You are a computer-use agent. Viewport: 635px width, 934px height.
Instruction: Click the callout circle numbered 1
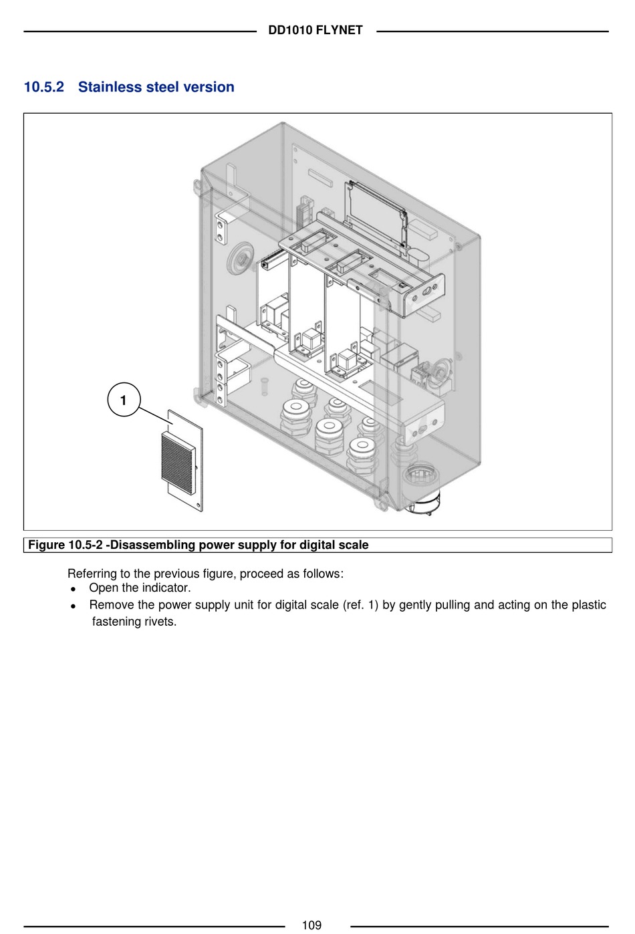124,400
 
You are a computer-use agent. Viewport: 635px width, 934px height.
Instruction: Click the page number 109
311,925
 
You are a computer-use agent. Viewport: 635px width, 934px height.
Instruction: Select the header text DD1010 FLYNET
315,30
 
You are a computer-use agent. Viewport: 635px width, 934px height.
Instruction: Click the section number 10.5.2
44,87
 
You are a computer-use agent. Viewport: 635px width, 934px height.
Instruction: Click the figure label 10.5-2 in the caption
86,545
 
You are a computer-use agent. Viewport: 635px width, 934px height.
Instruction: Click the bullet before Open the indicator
73,589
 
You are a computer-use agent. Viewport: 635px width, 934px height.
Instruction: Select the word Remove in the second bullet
112,605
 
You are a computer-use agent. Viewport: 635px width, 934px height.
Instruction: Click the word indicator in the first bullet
166,588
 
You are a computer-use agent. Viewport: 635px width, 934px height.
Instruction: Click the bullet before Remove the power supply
73,606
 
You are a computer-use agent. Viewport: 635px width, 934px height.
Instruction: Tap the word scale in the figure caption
354,545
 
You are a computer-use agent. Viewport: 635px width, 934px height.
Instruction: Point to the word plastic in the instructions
588,605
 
